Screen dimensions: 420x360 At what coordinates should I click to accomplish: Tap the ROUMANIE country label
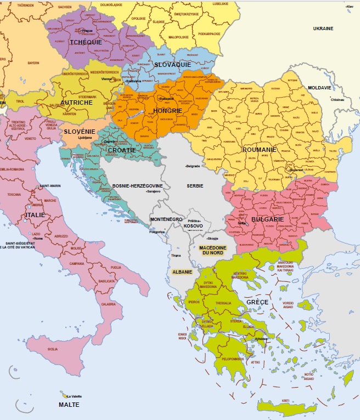(x=260, y=149)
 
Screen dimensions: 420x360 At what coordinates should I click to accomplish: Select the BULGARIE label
(x=267, y=219)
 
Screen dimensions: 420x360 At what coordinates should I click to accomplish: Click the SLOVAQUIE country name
(x=172, y=64)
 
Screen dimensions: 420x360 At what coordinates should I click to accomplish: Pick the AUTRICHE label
(x=77, y=103)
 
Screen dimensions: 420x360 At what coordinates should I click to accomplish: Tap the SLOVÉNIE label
(x=80, y=132)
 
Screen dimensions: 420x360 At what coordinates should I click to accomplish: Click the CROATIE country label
(x=122, y=150)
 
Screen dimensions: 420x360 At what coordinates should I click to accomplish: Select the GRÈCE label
(x=257, y=302)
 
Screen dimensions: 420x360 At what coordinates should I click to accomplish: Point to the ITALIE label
(x=35, y=215)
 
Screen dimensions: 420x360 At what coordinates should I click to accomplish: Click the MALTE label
(x=69, y=405)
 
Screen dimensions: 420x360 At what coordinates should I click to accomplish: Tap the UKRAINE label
(x=323, y=28)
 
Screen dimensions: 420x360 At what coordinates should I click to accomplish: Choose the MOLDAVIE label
(x=319, y=88)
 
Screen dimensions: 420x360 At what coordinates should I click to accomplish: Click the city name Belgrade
(x=193, y=166)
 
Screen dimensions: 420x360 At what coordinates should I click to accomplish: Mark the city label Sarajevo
(x=153, y=192)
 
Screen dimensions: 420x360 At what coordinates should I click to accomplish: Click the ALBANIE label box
(x=182, y=271)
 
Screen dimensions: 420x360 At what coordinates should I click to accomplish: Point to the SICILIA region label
(x=52, y=349)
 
